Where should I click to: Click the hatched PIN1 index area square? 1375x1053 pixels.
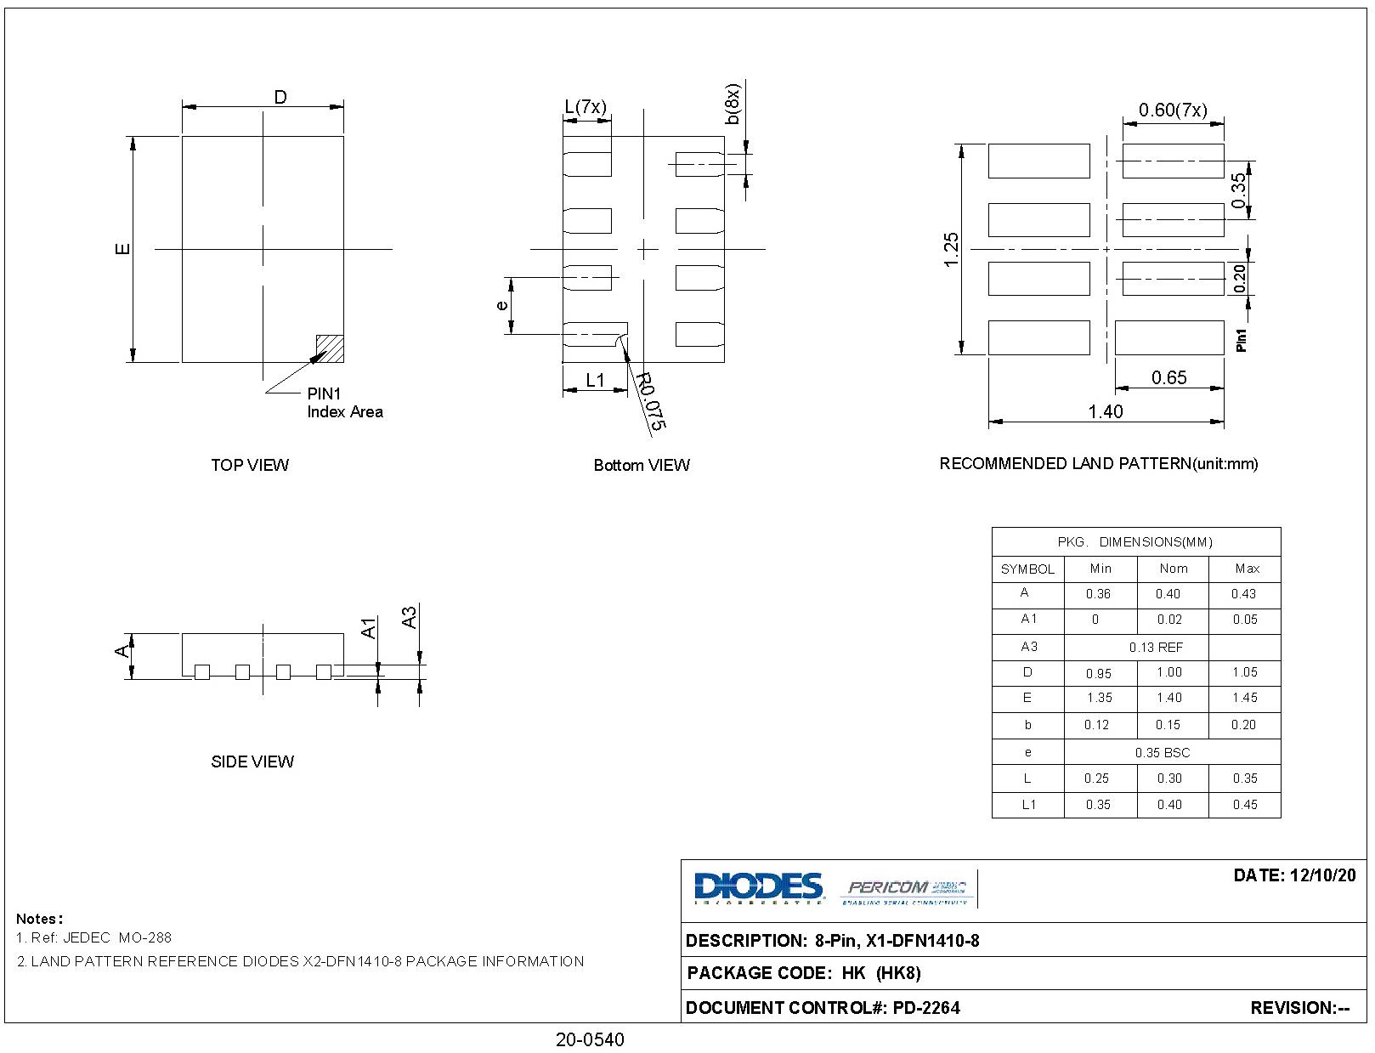click(330, 348)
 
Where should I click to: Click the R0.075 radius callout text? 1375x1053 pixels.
click(652, 402)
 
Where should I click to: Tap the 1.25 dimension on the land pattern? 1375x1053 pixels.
click(952, 250)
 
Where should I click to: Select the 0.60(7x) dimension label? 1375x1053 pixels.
click(1173, 110)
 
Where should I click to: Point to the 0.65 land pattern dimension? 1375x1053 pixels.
click(1168, 377)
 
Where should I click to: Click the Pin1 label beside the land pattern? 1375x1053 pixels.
click(1242, 340)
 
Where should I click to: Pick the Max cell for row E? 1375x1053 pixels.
click(1244, 698)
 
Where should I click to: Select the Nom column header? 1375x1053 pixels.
click(1173, 569)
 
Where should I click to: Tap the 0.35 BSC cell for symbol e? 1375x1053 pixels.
click(1162, 752)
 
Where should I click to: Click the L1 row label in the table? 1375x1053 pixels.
click(1028, 804)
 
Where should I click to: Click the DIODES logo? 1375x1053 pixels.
click(758, 888)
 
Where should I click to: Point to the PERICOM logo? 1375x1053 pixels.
click(906, 889)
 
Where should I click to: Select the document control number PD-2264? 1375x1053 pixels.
click(925, 1008)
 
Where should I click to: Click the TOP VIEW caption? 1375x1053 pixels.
click(250, 465)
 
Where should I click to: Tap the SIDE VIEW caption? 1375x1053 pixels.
click(252, 761)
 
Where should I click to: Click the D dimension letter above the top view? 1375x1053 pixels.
click(280, 97)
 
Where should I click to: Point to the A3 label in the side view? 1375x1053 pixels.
click(409, 617)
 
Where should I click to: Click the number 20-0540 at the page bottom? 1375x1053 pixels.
click(590, 1039)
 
